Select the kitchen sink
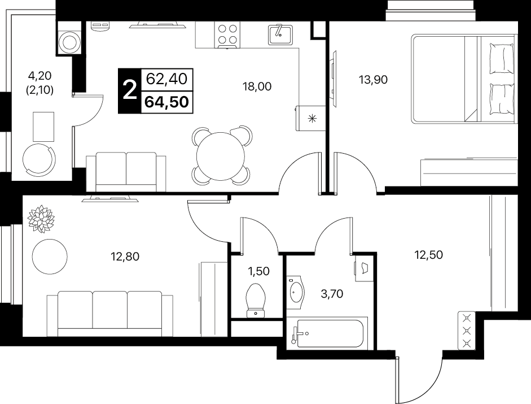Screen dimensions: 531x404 pos(280,34)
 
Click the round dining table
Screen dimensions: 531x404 pos(221,157)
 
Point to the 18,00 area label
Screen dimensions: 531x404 pos(257,86)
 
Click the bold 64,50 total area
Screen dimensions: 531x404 pos(166,102)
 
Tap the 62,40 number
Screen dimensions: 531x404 pos(166,79)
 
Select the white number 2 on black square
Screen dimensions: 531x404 pos(129,90)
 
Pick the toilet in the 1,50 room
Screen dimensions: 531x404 pos(256,300)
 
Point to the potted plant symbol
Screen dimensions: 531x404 pos(41,219)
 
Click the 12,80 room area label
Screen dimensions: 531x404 pos(125,257)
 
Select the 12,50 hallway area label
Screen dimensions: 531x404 pos(428,254)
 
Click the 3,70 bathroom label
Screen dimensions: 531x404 pos(332,294)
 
